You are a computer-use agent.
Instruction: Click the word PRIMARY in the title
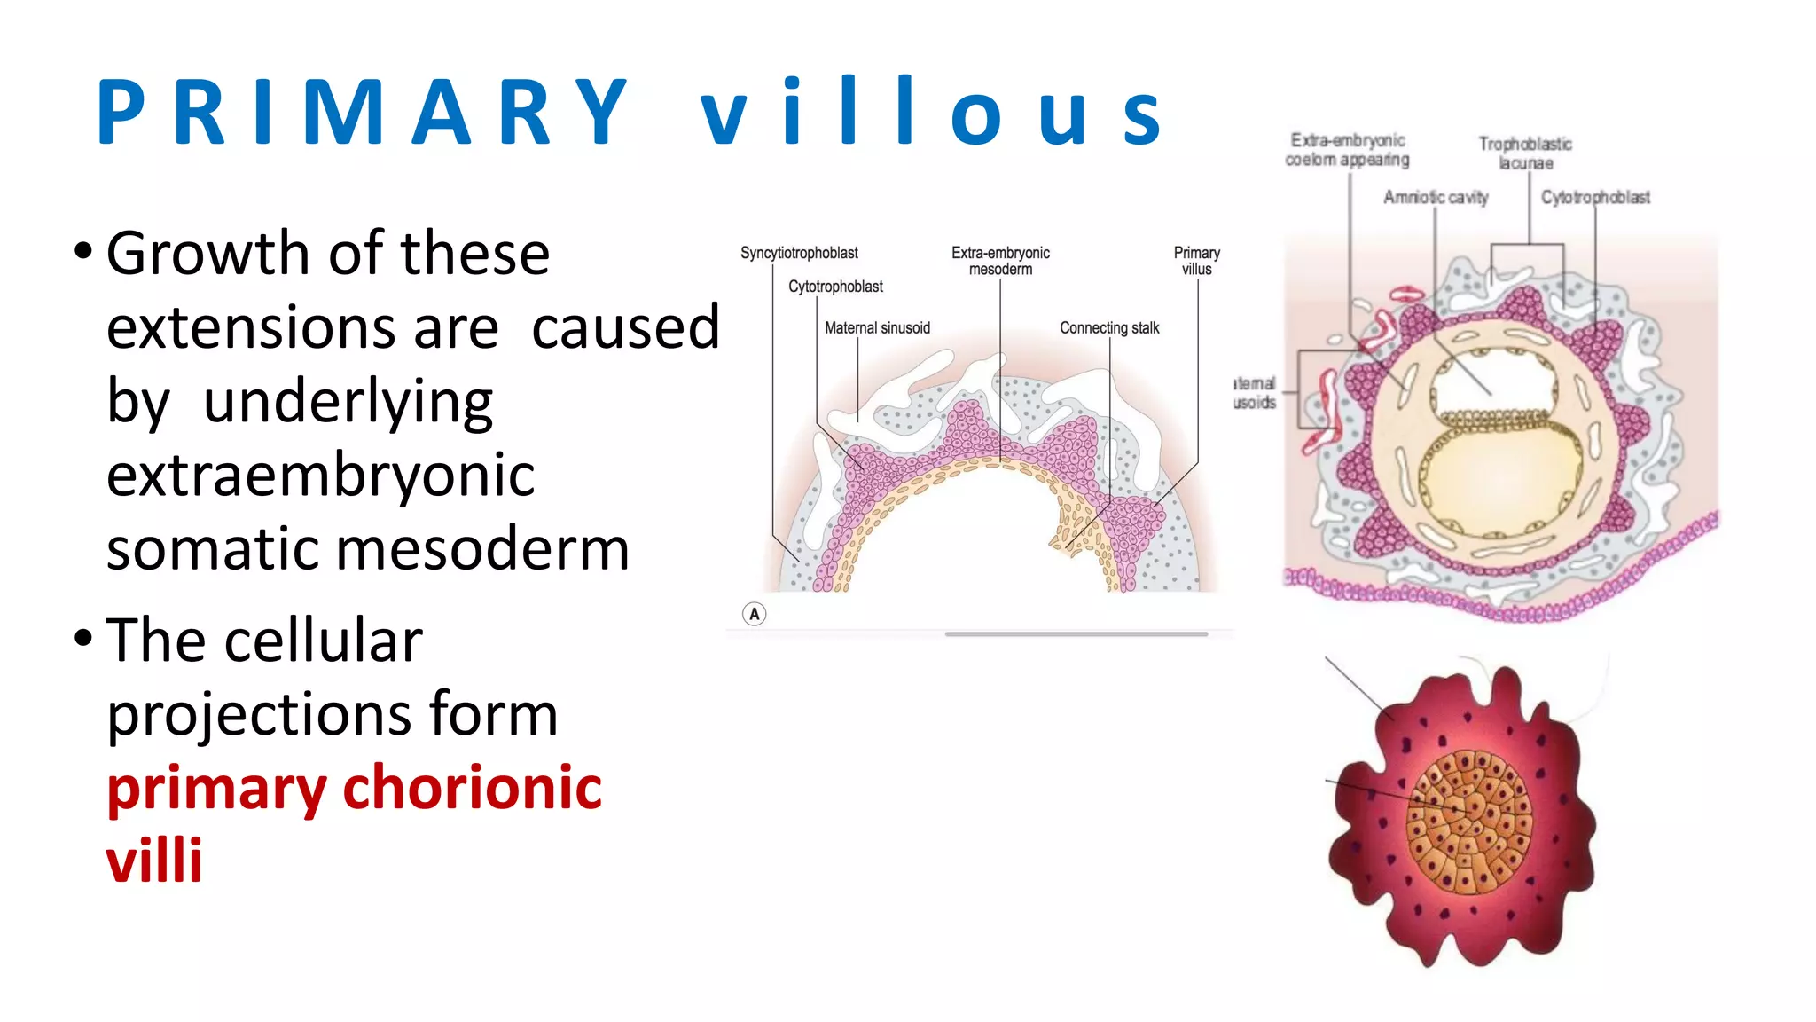coord(364,113)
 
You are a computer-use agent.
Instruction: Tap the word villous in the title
coord(931,113)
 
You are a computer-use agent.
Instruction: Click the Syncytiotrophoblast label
coord(799,253)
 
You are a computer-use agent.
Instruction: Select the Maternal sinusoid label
coord(877,328)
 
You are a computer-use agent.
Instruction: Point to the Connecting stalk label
coord(1109,328)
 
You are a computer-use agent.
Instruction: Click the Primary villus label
coord(1196,261)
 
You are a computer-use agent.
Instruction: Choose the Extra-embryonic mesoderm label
coord(1000,261)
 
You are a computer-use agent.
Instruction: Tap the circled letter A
coord(754,614)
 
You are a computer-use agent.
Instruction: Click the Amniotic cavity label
coord(1436,197)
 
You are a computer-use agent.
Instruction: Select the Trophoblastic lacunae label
coord(1525,153)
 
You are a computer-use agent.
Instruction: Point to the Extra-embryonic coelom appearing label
coord(1347,150)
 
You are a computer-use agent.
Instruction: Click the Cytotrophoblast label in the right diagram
coord(1595,197)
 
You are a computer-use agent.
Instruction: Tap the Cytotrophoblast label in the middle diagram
coord(835,287)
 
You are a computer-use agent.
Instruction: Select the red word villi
coord(154,861)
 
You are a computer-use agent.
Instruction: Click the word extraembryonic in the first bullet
coord(320,476)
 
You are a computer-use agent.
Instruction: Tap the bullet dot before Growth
coord(83,252)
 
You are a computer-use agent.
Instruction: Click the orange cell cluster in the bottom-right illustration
coord(1468,822)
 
